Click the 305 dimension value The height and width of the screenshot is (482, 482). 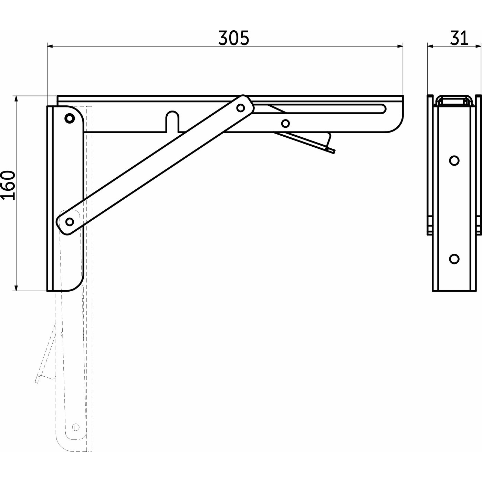233,38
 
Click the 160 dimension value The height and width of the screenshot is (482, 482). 8,185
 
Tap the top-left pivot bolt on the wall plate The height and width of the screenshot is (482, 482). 70,118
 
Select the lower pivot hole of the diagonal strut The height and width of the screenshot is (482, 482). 70,221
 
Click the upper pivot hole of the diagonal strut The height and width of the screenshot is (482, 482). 241,108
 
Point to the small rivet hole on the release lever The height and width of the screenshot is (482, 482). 285,123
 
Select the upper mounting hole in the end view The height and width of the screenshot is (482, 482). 454,160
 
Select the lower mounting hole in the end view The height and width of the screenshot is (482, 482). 454,258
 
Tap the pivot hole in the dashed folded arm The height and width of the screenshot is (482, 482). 76,427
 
